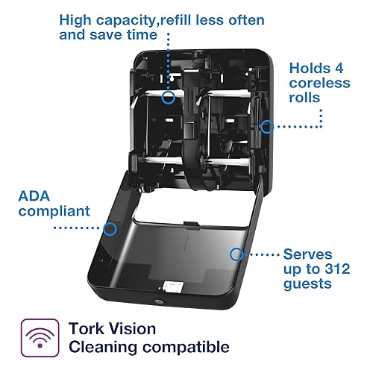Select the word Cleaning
point(101,346)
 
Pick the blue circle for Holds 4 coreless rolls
point(266,128)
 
